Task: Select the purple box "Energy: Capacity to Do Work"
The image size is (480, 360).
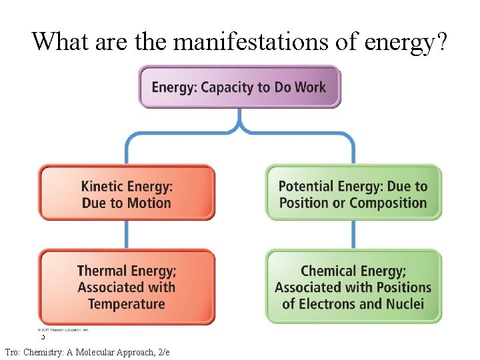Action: [x=239, y=87]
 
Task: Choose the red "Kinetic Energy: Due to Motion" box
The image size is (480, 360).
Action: [x=127, y=193]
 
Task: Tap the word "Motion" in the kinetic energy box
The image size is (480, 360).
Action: [x=149, y=203]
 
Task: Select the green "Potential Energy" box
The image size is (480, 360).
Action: [x=353, y=193]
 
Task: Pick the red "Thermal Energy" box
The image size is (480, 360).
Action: [x=127, y=287]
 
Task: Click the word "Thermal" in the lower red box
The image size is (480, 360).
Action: [x=102, y=271]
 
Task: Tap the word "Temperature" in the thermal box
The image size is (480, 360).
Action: [x=126, y=304]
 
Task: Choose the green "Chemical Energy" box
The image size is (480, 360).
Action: [x=353, y=287]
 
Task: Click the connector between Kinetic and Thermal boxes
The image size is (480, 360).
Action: [x=127, y=235]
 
